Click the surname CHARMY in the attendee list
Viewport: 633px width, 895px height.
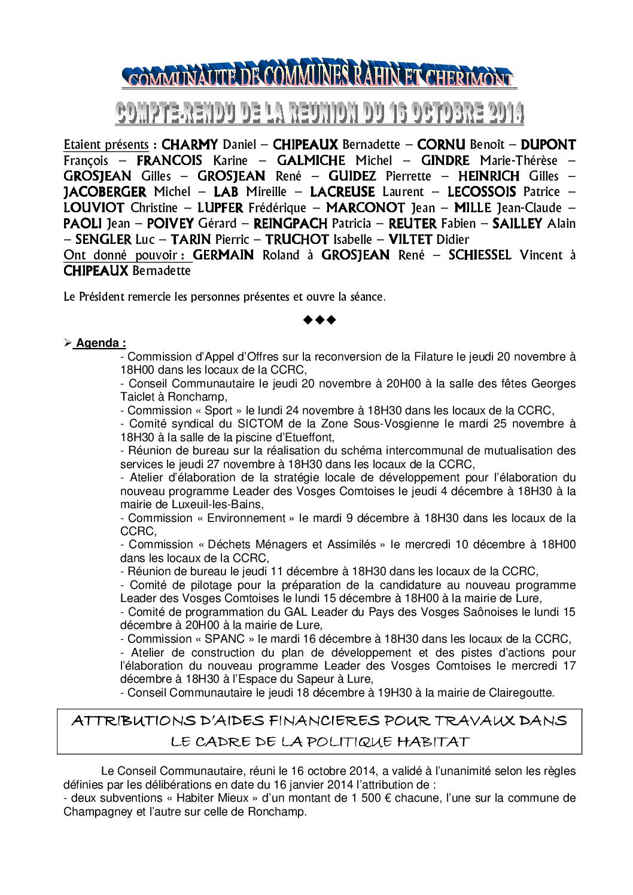click(190, 145)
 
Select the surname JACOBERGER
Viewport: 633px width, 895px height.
click(105, 192)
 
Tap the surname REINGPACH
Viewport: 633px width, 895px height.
click(291, 224)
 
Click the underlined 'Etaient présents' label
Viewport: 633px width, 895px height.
click(106, 145)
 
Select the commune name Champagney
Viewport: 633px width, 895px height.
click(95, 812)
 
